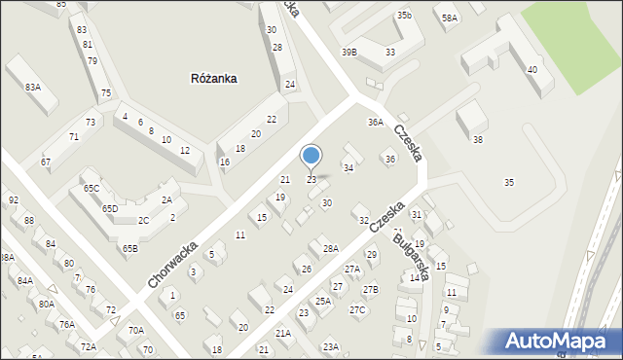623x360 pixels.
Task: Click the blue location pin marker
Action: [x=311, y=157]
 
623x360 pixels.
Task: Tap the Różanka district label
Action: [x=214, y=78]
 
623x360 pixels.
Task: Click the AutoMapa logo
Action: [x=560, y=341]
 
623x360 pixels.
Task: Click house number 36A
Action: [x=376, y=122]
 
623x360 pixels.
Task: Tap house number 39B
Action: [x=348, y=52]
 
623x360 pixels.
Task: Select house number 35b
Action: [x=404, y=16]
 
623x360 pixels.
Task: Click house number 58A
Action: [x=449, y=18]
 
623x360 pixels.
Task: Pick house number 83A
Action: [x=33, y=88]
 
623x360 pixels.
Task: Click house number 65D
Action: [x=110, y=208]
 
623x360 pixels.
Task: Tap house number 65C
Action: [x=91, y=188]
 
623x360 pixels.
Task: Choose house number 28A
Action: [x=331, y=248]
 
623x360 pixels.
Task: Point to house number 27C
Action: [x=357, y=309]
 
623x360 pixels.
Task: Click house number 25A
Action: [x=323, y=302]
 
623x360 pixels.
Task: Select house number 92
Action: [x=14, y=200]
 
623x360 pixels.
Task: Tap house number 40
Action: [x=531, y=70]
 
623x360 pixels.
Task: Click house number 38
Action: [x=477, y=140]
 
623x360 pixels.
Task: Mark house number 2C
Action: [x=143, y=221]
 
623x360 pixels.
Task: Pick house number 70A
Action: [x=136, y=331]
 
